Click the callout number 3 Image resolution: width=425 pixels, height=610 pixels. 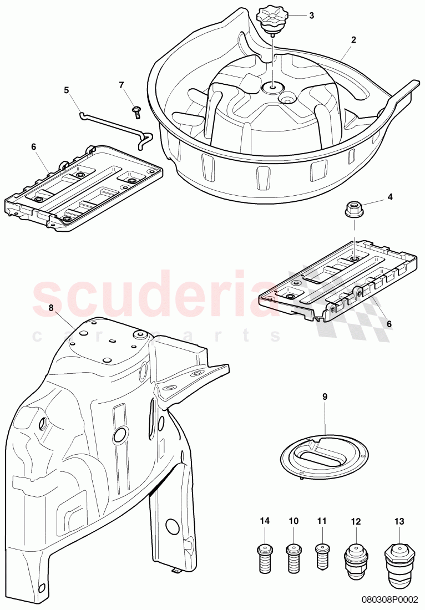point(312,16)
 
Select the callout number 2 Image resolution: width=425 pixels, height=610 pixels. point(353,40)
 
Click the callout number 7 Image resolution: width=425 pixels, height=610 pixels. point(122,85)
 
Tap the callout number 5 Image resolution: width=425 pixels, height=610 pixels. point(67,89)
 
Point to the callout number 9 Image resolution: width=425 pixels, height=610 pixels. point(325,396)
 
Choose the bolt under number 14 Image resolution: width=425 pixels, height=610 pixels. point(265,556)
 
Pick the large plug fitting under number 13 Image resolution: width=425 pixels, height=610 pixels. point(398,558)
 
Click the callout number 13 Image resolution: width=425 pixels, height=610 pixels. point(399,521)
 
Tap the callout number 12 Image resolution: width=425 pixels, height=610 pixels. point(356,521)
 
